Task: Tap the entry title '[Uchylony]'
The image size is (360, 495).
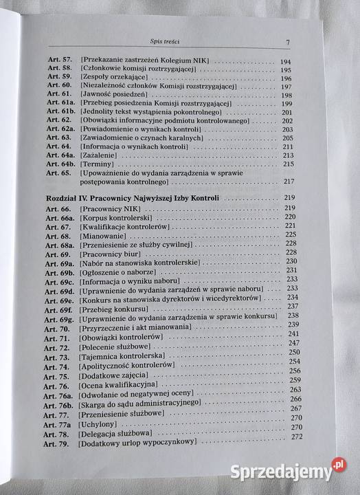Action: coord(98,426)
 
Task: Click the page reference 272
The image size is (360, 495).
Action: coord(297,437)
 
